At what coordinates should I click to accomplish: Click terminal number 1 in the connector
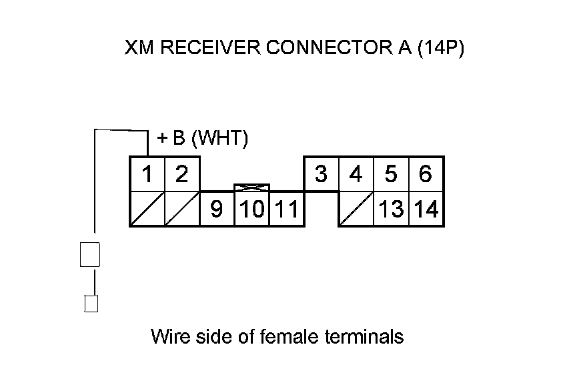[147, 175]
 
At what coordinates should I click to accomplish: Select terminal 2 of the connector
[181, 175]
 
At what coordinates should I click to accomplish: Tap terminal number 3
[321, 175]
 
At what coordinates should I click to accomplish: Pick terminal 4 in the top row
[356, 175]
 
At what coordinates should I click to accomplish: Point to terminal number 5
[391, 175]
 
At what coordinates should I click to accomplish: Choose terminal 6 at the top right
[426, 175]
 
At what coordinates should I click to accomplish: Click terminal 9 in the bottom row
[217, 210]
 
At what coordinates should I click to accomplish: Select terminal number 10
[251, 210]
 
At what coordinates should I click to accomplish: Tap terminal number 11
[286, 210]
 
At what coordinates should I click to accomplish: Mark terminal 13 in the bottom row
[391, 210]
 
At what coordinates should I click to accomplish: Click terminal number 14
[426, 210]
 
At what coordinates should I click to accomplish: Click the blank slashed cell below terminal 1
[147, 209]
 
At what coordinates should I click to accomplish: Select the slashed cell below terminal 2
[181, 209]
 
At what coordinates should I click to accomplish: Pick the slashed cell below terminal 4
[356, 209]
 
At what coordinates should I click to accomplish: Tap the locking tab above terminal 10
[251, 188]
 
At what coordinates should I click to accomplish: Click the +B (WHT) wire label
[202, 138]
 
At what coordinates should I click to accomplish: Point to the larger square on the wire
[90, 254]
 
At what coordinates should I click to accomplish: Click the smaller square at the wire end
[91, 304]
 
